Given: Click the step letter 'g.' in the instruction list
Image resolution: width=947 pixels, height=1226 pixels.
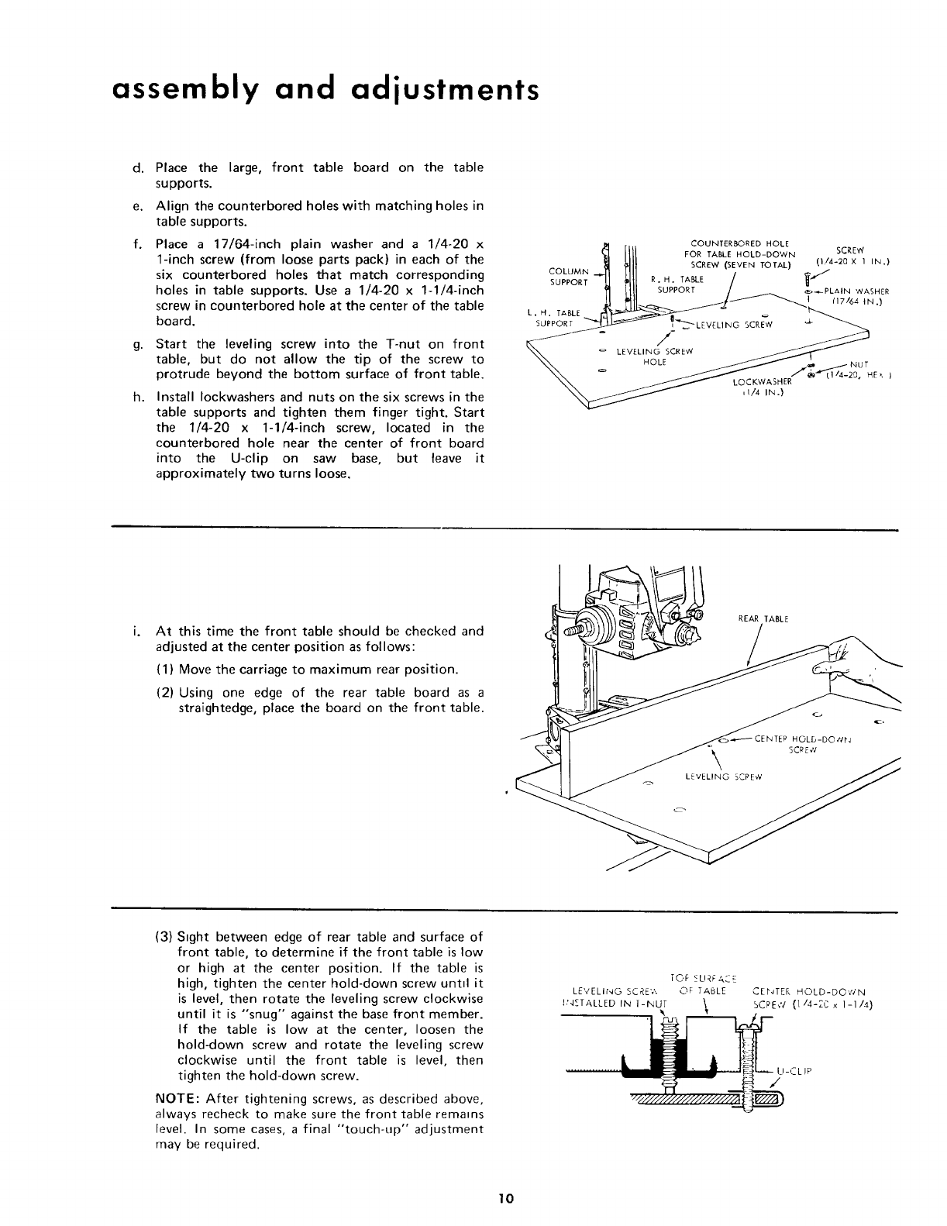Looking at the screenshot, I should (x=137, y=344).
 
